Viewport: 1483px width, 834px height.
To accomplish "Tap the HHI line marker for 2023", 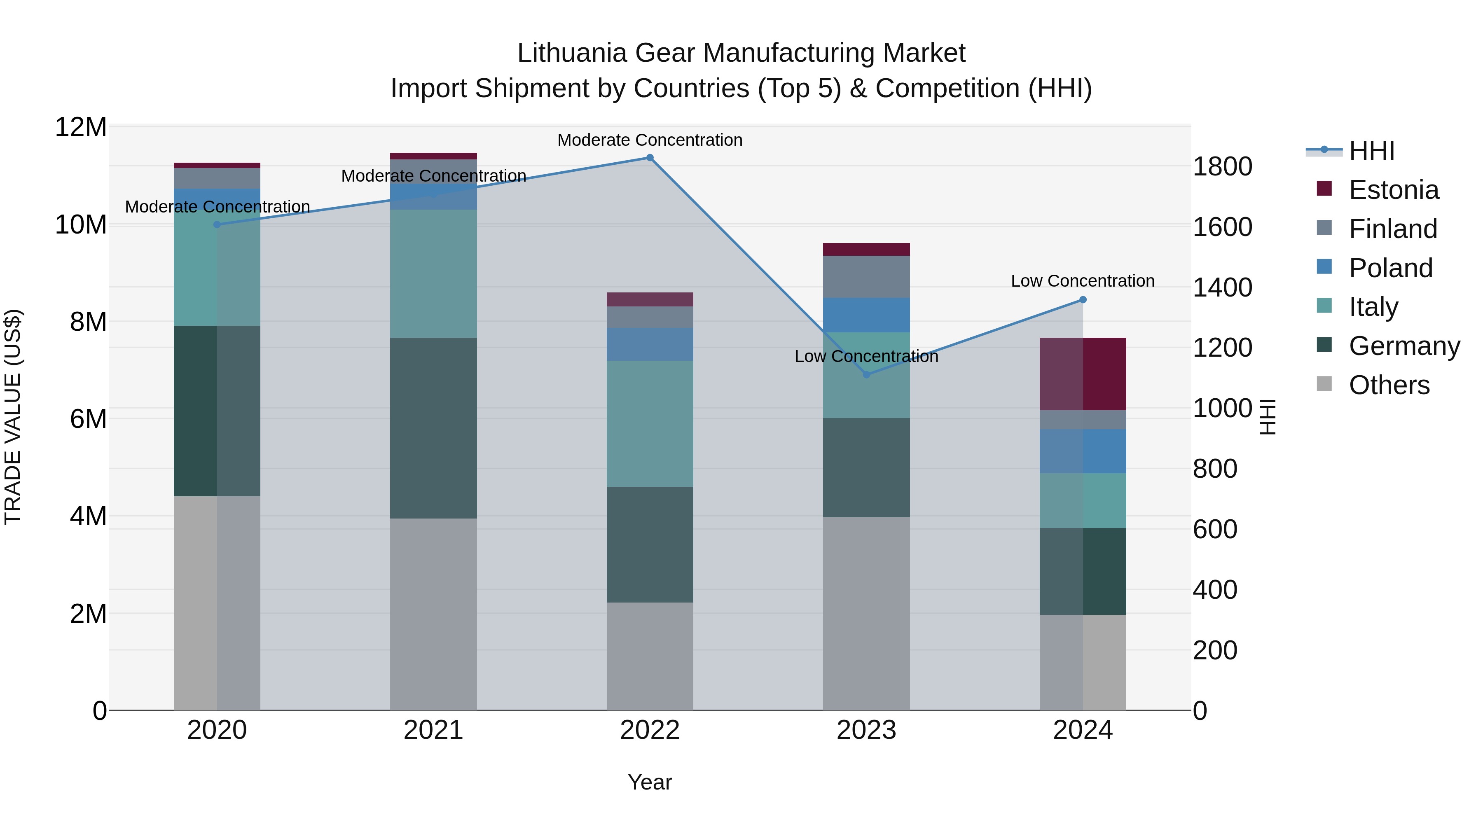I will [x=866, y=375].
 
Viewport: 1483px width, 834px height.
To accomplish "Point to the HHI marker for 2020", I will [x=217, y=224].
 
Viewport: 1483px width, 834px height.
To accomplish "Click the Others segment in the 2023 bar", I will [x=866, y=613].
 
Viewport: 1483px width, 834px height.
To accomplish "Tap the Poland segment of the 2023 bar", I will [x=866, y=315].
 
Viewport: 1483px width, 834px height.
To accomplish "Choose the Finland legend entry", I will [x=1393, y=229].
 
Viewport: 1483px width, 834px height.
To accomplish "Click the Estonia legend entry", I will [x=1393, y=190].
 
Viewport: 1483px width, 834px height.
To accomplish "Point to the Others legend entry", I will [x=1389, y=385].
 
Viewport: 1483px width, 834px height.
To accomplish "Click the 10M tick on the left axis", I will [x=81, y=224].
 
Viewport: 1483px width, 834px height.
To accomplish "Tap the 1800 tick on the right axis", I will [x=1222, y=167].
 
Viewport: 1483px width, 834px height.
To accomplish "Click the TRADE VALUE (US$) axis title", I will [x=13, y=417].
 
